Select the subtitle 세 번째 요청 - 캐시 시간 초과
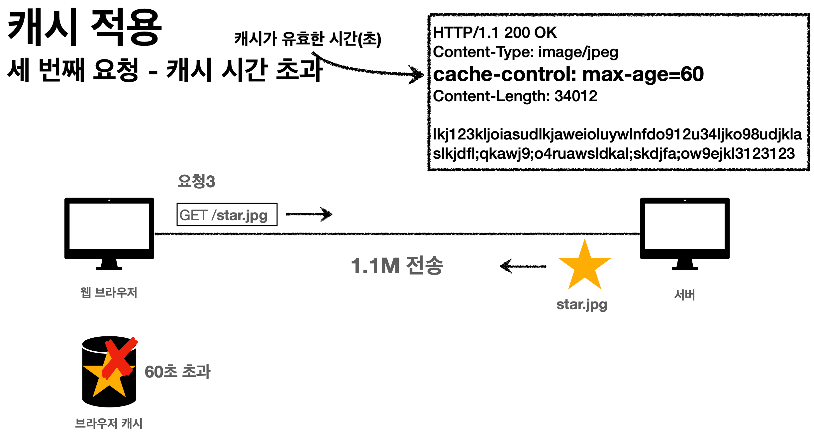(164, 70)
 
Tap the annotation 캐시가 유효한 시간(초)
(308, 39)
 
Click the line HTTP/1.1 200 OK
(495, 33)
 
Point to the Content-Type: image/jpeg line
(525, 52)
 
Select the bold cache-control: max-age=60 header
(568, 74)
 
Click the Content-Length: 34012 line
(515, 96)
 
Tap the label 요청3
(196, 181)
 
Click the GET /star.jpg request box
(227, 215)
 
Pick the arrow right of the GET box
(309, 214)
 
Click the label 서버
(684, 295)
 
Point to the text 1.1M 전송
(397, 266)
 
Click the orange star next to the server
(584, 266)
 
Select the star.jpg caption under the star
(582, 304)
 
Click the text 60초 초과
(177, 372)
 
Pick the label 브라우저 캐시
(109, 423)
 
